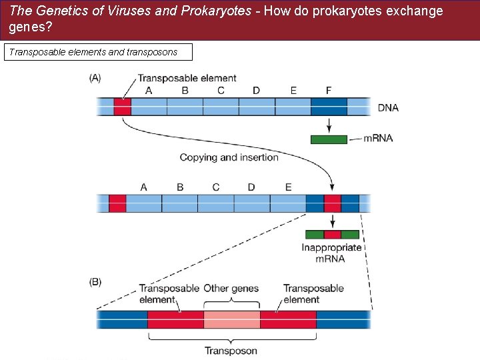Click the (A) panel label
tap(95, 78)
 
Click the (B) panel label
tap(95, 282)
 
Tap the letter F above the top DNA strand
tap(328, 91)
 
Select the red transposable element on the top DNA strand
tap(122, 107)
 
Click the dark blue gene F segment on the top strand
tap(329, 107)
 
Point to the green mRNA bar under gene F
tap(329, 139)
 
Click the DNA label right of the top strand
tap(388, 107)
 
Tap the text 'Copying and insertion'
tap(229, 157)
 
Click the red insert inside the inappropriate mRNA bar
tap(332, 234)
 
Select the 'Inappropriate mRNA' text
tap(331, 253)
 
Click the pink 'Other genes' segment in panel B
tap(231, 319)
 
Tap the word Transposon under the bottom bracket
tap(231, 351)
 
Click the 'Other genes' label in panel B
tap(231, 289)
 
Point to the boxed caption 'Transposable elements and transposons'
tap(97, 52)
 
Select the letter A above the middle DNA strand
tap(144, 187)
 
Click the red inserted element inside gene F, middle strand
tap(332, 203)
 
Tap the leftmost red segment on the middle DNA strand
tap(117, 203)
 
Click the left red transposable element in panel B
tap(175, 319)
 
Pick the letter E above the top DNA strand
tap(293, 91)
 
